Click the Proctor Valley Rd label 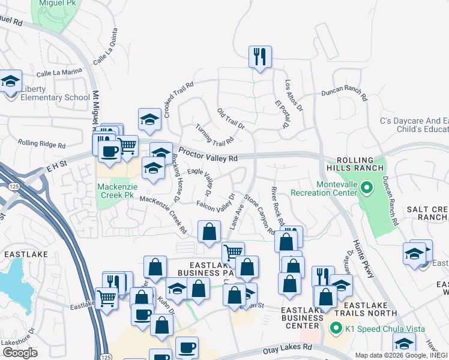(208, 155)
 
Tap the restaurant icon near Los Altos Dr (260, 58)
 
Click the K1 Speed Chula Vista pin (336, 328)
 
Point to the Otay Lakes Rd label (288, 347)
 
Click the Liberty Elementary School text (47, 97)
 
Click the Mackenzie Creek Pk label (115, 191)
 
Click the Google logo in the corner (20, 353)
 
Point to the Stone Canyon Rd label (259, 213)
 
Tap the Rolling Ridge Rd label (41, 143)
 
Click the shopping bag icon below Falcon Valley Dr (208, 232)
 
